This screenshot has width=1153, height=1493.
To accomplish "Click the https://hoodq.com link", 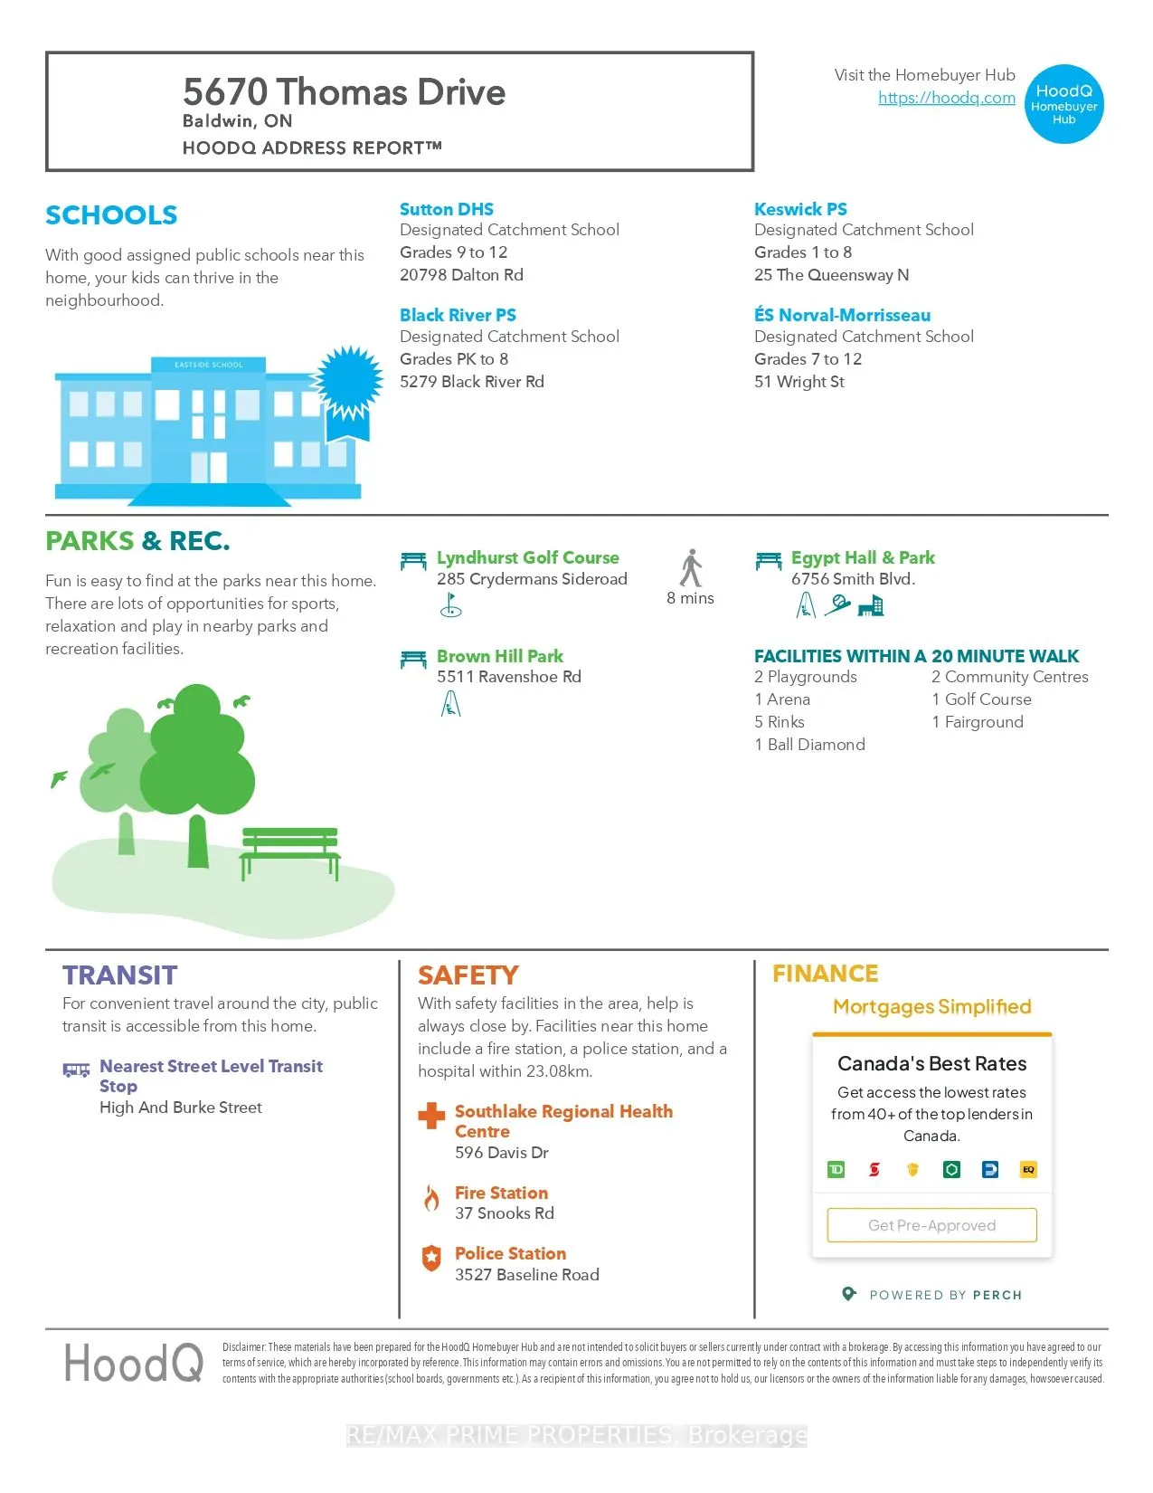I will click(946, 98).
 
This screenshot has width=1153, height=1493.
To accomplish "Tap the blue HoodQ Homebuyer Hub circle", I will click(1064, 104).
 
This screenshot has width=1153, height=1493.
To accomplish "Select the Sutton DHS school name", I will click(447, 209).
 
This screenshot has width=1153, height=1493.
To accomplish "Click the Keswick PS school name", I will click(800, 209).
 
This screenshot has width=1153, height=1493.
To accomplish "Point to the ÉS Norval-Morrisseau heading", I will click(842, 315).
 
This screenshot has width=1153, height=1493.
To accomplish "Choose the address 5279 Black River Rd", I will click(472, 382).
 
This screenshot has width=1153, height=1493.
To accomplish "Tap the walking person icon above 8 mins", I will click(691, 568).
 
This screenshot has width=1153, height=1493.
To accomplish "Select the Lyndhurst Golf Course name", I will click(527, 557).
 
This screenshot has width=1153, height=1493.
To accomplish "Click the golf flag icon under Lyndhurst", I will click(450, 605).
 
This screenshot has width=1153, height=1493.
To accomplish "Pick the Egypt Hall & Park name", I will click(863, 557).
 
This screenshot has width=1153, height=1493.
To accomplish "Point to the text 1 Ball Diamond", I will click(809, 745).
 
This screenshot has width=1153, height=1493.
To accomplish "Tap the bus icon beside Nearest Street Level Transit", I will click(76, 1070).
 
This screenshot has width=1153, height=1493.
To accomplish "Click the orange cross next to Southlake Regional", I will click(431, 1116).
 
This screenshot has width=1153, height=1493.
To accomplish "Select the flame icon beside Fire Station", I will click(431, 1199).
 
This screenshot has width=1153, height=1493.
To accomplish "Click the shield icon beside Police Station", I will click(431, 1258).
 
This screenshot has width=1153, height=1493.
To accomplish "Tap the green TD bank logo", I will click(836, 1170).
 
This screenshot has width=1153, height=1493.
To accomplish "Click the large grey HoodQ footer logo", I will click(134, 1363).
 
